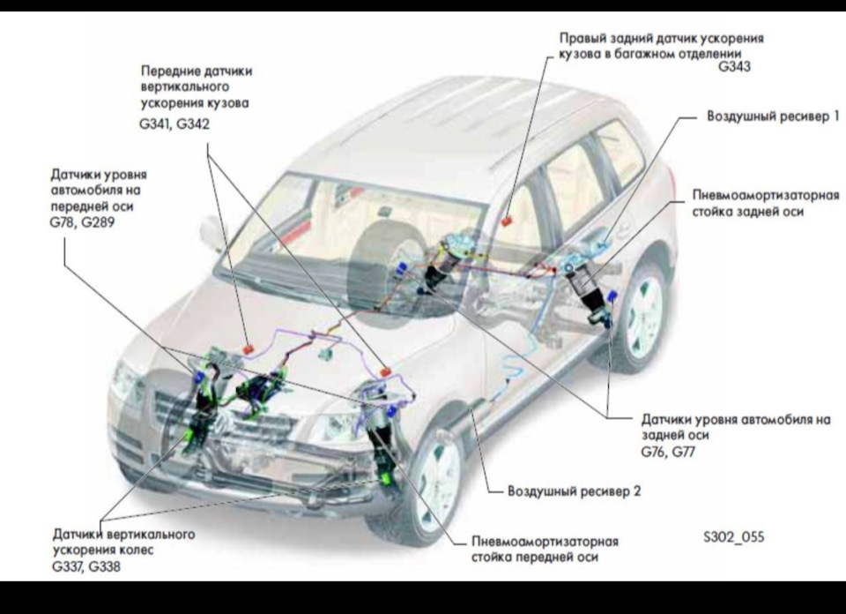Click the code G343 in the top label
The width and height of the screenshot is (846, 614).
coord(734,66)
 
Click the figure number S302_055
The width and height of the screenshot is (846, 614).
coord(733,535)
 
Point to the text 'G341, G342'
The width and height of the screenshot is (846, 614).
coord(174,124)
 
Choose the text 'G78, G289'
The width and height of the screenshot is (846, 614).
coord(82,222)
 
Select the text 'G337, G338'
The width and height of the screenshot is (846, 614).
coord(86,566)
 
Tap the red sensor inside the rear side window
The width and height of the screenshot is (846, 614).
coord(506,220)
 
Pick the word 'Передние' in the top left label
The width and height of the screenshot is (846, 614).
coord(167,71)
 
